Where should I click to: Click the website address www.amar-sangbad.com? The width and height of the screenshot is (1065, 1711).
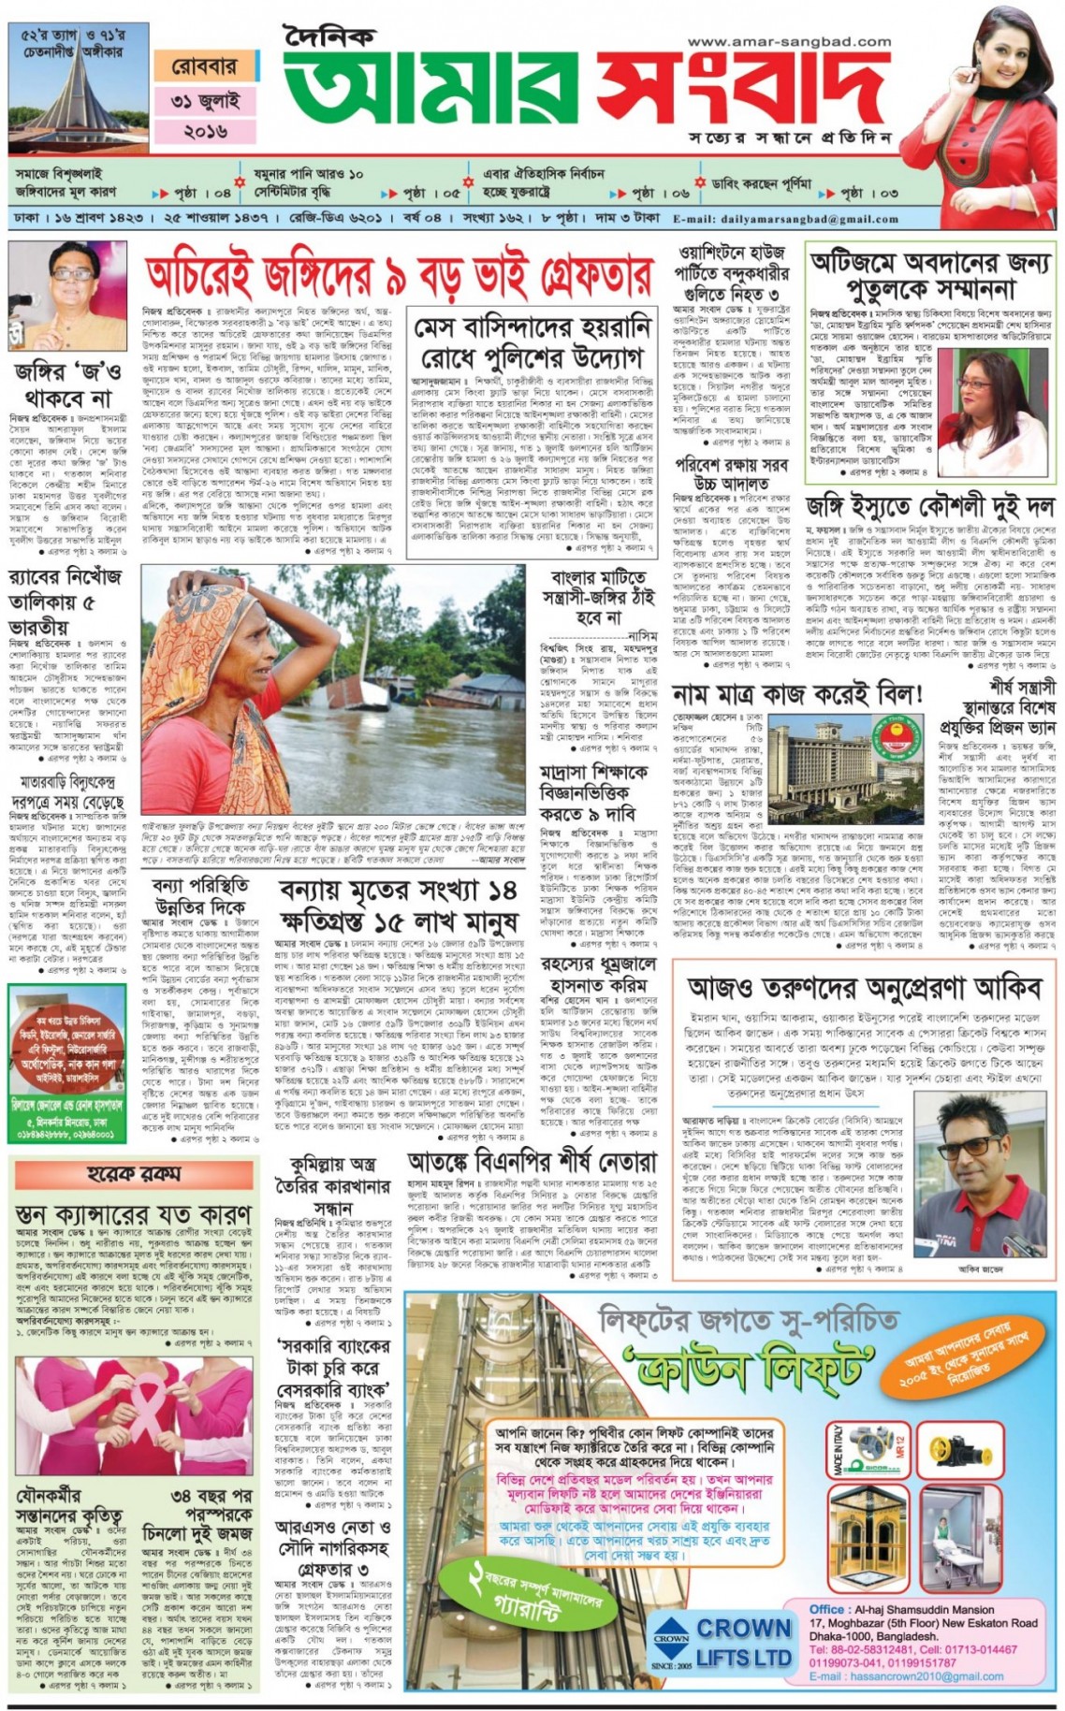pyautogui.click(x=788, y=42)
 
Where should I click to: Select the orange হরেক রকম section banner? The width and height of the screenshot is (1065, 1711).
pyautogui.click(x=135, y=1173)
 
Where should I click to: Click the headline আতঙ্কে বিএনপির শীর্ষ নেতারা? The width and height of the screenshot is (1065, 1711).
pyautogui.click(x=532, y=1162)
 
